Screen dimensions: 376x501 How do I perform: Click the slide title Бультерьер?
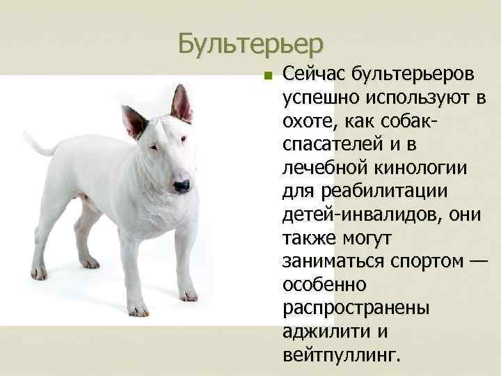point(250,43)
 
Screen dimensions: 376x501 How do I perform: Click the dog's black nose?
point(182,186)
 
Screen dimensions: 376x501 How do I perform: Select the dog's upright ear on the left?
point(134,121)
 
